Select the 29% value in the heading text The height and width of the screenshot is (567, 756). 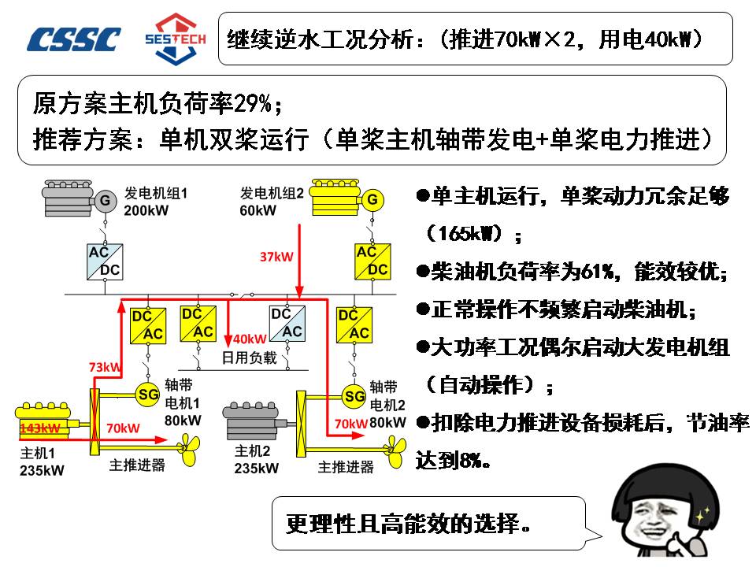click(253, 102)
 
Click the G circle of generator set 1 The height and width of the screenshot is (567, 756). click(104, 201)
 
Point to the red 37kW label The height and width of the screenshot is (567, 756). click(276, 257)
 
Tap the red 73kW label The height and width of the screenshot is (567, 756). click(105, 367)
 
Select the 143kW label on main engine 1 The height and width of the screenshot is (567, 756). click(40, 428)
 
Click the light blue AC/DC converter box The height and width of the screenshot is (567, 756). click(104, 261)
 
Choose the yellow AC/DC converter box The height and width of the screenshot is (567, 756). click(372, 261)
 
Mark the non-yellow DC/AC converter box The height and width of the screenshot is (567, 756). click(287, 323)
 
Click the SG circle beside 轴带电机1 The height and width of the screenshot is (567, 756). click(147, 393)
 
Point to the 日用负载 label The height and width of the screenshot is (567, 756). click(248, 358)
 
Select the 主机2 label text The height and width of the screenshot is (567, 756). click(253, 451)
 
